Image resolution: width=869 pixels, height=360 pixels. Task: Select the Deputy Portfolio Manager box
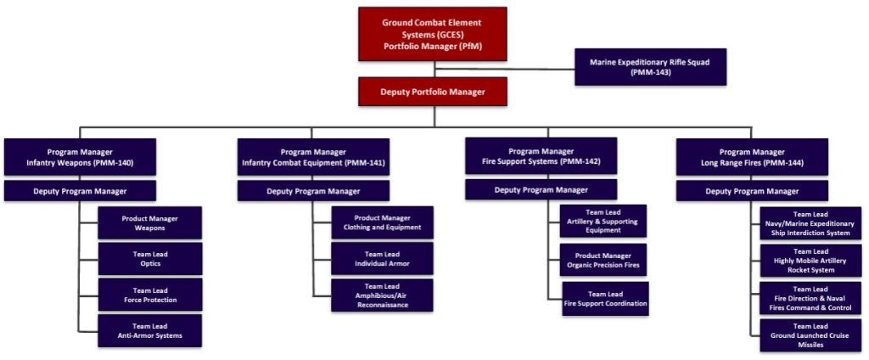click(x=432, y=91)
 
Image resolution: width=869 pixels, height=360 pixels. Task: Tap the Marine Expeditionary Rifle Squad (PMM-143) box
click(x=650, y=67)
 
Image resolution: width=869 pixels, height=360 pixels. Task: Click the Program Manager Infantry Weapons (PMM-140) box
click(x=80, y=156)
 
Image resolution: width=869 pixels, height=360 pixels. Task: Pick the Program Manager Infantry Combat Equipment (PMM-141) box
click(x=313, y=156)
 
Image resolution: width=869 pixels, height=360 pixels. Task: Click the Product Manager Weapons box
click(x=149, y=223)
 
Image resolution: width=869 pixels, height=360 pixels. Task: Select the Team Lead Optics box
click(x=149, y=258)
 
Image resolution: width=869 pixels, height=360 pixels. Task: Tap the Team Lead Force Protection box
click(x=149, y=294)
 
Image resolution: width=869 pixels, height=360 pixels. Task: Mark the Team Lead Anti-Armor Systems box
click(x=149, y=330)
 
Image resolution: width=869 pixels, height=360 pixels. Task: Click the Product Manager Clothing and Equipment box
click(x=382, y=222)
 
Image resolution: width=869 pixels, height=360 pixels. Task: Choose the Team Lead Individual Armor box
click(x=382, y=258)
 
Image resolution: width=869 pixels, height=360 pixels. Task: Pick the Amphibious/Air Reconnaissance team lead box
click(x=382, y=295)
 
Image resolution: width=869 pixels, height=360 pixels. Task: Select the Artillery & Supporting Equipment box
click(x=603, y=221)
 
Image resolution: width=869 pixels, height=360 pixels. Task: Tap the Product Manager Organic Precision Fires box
click(x=603, y=259)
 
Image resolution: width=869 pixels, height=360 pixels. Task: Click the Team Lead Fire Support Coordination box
click(x=605, y=298)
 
